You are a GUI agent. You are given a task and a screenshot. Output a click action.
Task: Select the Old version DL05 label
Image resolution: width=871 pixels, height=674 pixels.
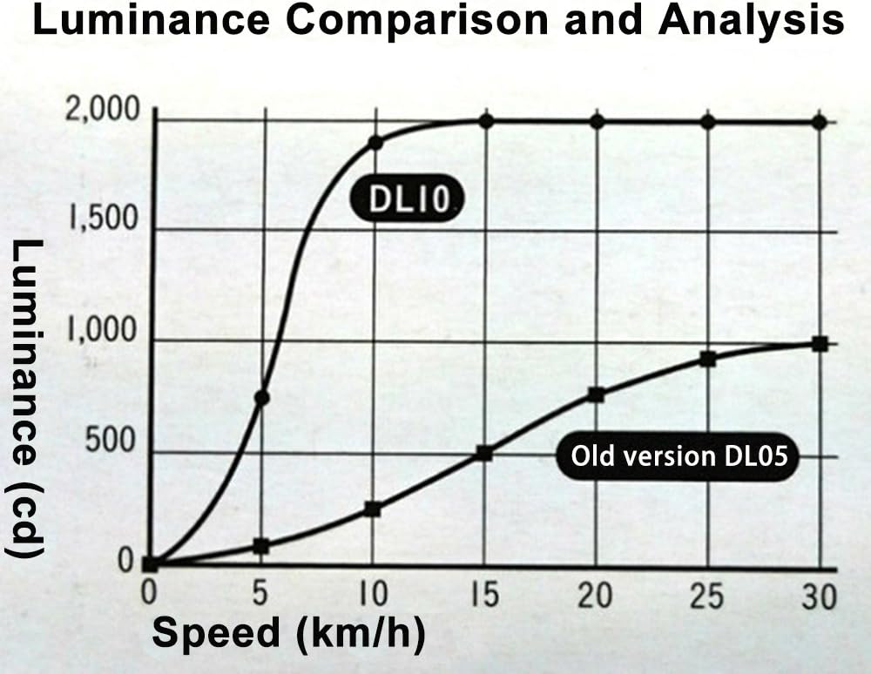point(679,456)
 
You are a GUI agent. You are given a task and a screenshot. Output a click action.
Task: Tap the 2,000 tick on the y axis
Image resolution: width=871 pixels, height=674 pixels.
point(103,111)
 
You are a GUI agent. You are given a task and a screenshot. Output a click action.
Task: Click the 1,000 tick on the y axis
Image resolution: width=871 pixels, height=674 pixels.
point(103,332)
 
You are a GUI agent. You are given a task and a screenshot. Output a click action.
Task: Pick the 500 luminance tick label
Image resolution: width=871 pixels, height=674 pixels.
point(111,442)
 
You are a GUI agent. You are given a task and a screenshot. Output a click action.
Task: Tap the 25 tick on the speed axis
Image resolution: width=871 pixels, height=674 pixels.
point(706,596)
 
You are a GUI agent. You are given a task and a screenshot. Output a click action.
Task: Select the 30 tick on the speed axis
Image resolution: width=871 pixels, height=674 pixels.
point(817,596)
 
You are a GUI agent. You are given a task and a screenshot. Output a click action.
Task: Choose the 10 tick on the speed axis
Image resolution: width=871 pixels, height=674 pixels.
point(373,596)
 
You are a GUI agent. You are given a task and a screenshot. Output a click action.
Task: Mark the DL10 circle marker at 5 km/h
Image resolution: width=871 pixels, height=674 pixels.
point(261,398)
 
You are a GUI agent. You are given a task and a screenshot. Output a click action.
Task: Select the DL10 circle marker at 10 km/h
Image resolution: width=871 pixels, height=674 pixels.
point(375,142)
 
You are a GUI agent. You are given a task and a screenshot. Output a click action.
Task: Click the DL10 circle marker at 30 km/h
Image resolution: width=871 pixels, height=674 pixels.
point(819,121)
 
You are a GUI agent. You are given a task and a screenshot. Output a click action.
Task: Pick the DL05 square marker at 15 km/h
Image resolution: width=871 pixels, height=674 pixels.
point(485,453)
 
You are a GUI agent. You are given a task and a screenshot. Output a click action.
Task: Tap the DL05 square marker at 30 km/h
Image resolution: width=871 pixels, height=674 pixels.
point(819,344)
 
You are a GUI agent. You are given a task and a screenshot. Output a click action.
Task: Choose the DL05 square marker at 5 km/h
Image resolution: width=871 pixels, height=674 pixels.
point(261,546)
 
